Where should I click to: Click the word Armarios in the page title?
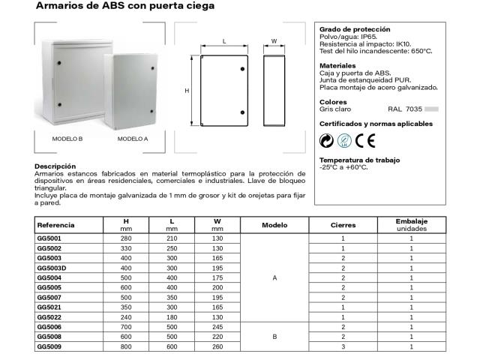coord(58,6)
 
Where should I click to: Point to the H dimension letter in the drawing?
coord(187,91)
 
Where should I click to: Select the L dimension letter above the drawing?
coord(225,41)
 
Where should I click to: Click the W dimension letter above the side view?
coord(274,41)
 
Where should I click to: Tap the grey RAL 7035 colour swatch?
coord(431,109)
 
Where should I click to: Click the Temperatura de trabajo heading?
coord(360,160)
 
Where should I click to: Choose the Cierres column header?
coord(343,225)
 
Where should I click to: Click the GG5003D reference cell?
coord(52,268)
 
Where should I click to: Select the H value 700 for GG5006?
coord(126,327)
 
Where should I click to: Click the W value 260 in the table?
coord(217,346)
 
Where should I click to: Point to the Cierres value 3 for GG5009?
coord(343,346)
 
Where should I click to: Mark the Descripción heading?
coord(55,166)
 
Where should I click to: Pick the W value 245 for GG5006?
coord(217,327)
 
